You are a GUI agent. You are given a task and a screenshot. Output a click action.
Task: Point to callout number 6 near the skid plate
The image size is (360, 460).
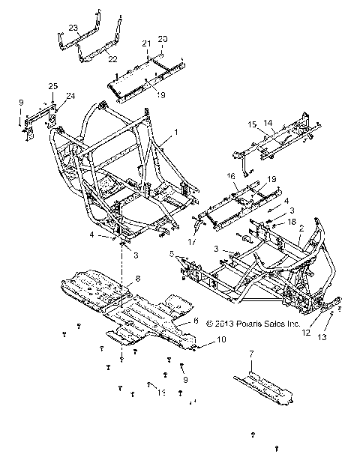(x=196, y=321)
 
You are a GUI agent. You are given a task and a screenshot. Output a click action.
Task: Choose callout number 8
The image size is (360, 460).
(x=137, y=279)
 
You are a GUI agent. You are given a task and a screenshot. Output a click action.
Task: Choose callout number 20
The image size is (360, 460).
(x=163, y=38)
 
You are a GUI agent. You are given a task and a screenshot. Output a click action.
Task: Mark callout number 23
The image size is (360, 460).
(x=73, y=27)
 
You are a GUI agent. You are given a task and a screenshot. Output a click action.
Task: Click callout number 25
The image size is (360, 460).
(x=52, y=88)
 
